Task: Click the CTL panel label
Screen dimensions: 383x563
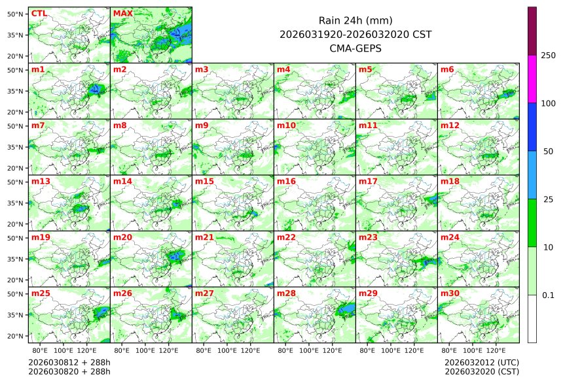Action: (x=39, y=14)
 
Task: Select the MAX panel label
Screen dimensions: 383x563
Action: (x=122, y=14)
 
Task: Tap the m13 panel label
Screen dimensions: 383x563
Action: (x=41, y=182)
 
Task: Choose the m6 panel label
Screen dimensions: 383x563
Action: (x=447, y=70)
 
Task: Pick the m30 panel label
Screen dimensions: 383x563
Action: (x=450, y=293)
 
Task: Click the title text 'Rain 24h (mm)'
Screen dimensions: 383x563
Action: (x=355, y=20)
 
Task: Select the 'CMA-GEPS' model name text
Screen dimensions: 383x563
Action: (x=355, y=48)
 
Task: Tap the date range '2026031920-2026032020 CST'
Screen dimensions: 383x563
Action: (x=355, y=34)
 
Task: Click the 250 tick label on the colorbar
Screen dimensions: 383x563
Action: (x=549, y=56)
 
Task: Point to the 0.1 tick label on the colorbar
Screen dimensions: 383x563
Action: (x=549, y=295)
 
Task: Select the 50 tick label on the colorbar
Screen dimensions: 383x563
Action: (x=549, y=152)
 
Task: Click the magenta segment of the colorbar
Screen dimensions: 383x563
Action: (x=532, y=79)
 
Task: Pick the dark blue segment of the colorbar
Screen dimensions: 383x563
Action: (x=532, y=127)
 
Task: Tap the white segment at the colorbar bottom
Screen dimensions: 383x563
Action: (x=532, y=318)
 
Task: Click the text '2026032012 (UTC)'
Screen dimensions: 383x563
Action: (x=481, y=361)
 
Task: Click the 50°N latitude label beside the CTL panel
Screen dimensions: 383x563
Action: (x=16, y=14)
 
